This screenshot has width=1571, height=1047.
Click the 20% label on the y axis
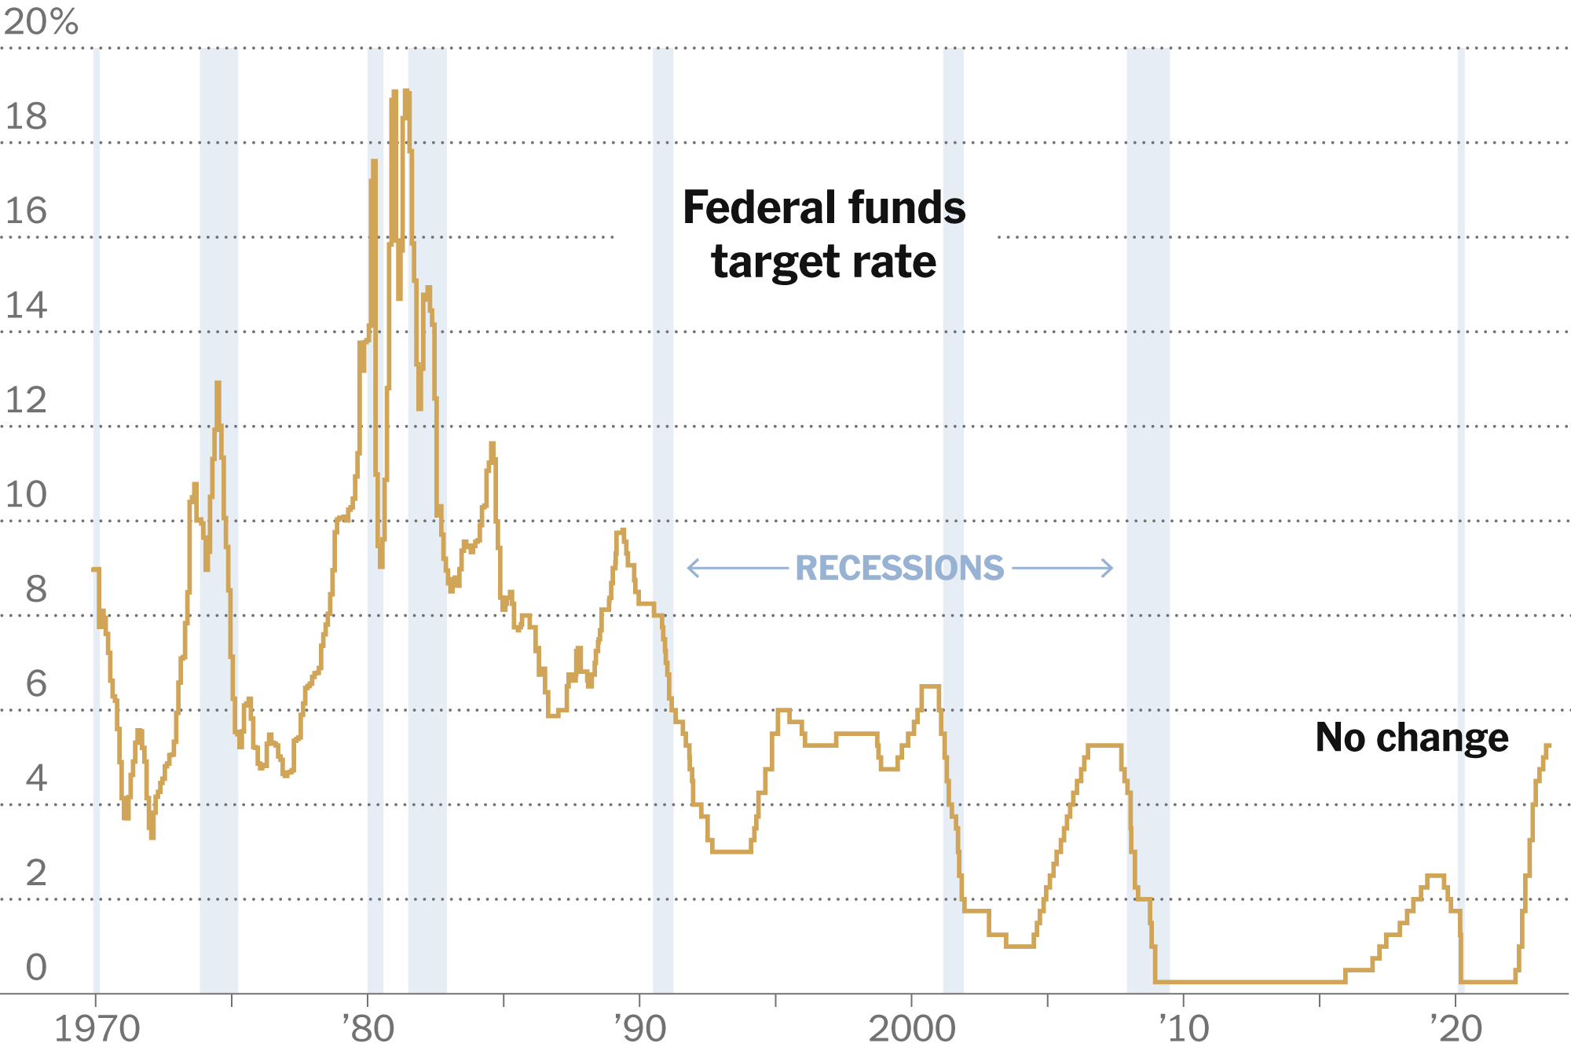[41, 22]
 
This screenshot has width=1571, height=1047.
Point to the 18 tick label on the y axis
[26, 117]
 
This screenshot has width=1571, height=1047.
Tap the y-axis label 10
[26, 495]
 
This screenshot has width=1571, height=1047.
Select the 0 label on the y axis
[36, 968]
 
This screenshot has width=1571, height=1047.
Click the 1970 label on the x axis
[97, 1028]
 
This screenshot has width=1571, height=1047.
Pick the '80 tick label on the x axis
[368, 1028]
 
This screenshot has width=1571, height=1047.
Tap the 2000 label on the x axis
[911, 1028]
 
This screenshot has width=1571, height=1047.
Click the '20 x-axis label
[1456, 1028]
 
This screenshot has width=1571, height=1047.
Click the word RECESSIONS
[899, 568]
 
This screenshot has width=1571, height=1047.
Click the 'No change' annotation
[1412, 738]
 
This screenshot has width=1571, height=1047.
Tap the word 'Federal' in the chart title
[753, 208]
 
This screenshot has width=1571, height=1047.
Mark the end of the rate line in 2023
[1548, 745]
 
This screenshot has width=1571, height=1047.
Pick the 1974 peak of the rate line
[218, 383]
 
